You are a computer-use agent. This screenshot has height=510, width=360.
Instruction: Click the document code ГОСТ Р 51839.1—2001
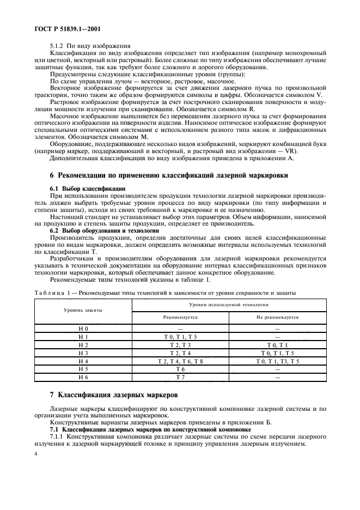(x=60, y=28)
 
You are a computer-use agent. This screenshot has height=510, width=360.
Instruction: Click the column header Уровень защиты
(x=83, y=310)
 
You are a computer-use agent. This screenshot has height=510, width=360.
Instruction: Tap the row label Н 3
(x=83, y=353)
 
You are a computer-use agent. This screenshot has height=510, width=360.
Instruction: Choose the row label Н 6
(x=83, y=377)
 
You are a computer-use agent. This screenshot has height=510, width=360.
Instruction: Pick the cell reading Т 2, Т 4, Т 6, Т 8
(x=181, y=361)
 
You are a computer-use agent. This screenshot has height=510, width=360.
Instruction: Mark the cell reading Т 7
(x=181, y=377)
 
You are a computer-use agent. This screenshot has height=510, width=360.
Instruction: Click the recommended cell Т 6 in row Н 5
(x=181, y=369)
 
